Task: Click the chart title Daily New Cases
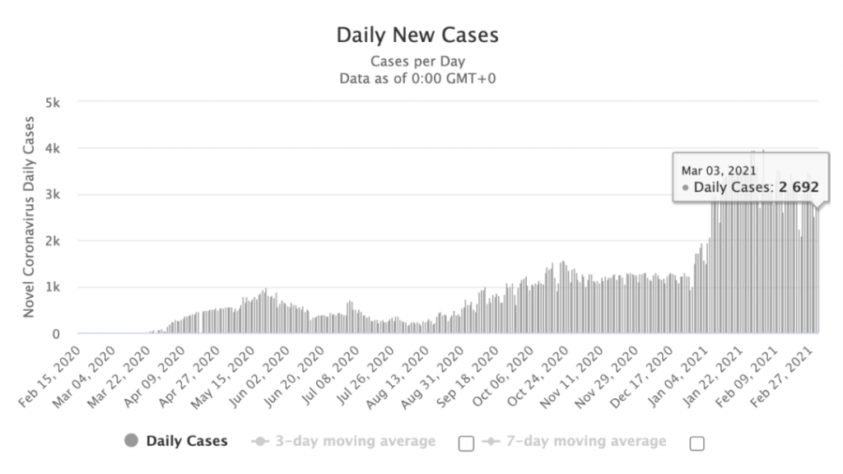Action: [417, 35]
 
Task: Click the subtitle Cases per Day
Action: [417, 62]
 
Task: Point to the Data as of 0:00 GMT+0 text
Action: [417, 79]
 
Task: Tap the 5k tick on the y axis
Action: [53, 102]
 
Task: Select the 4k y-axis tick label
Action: [53, 148]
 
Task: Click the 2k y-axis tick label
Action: [53, 241]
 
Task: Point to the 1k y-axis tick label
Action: [53, 287]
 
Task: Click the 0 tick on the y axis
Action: [56, 333]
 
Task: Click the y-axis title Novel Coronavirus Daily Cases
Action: [29, 216]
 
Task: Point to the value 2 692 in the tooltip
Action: [800, 188]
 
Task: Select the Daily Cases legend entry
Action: [186, 441]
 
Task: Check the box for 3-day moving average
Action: [466, 444]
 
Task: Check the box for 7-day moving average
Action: [696, 444]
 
